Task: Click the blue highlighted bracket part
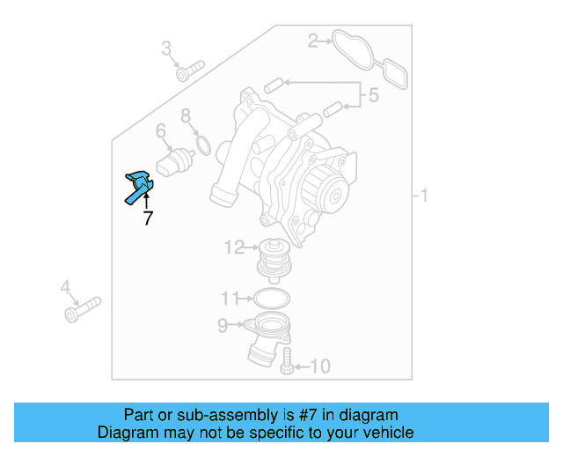pyautogui.click(x=138, y=186)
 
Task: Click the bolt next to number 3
pyautogui.click(x=190, y=70)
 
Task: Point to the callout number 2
pyautogui.click(x=312, y=40)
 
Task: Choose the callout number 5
pyautogui.click(x=373, y=95)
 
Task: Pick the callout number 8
pyautogui.click(x=186, y=115)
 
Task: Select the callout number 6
pyautogui.click(x=161, y=131)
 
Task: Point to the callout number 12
pyautogui.click(x=233, y=248)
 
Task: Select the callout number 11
pyautogui.click(x=230, y=297)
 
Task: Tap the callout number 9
pyautogui.click(x=223, y=327)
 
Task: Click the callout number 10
pyautogui.click(x=320, y=365)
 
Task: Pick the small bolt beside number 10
pyautogui.click(x=287, y=360)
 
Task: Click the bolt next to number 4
pyautogui.click(x=82, y=308)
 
